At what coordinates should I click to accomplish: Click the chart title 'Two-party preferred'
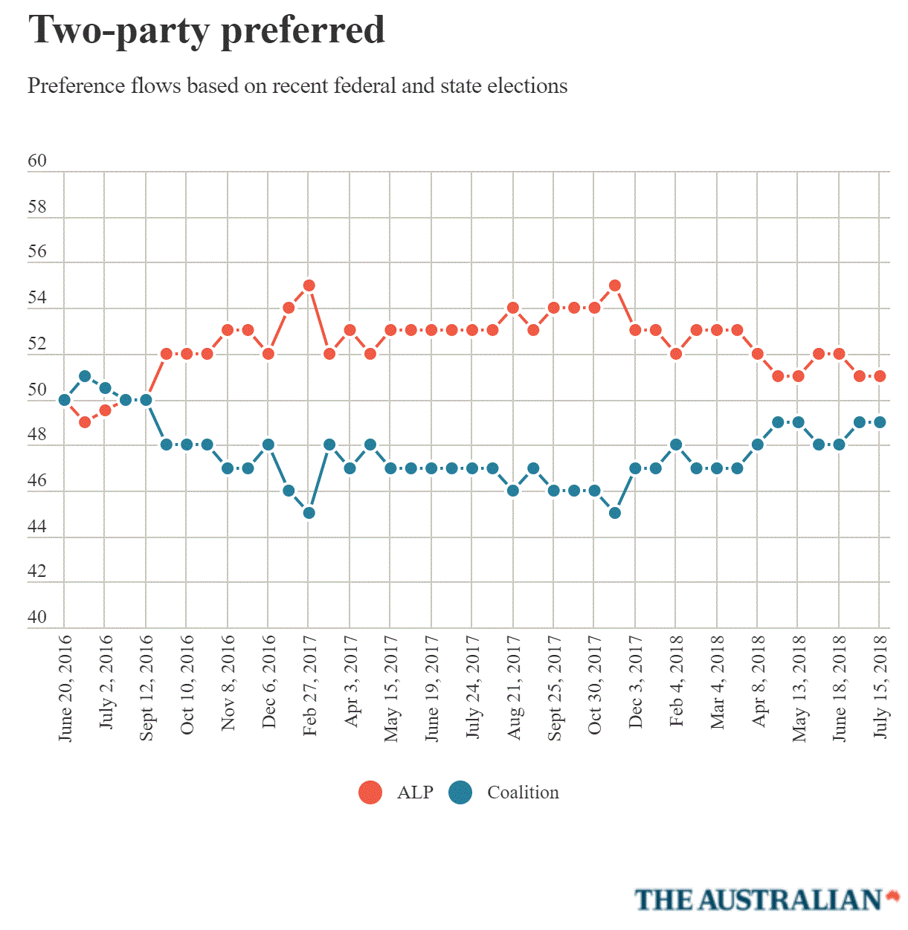coord(206,31)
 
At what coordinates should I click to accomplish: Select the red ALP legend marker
coord(370,792)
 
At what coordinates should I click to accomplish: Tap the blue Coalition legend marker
coord(461,792)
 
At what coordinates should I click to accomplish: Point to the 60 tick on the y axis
coord(37,161)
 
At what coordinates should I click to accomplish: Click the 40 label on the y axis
coord(37,617)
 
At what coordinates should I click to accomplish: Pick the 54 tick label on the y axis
coord(37,298)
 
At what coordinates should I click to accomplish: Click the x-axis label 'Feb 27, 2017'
coord(310,685)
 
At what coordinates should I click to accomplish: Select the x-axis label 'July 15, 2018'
coord(880,685)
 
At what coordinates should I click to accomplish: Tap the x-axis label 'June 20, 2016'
coord(65,688)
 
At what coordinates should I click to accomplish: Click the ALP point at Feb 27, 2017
coord(309,285)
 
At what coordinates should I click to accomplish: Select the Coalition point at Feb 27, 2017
coord(309,513)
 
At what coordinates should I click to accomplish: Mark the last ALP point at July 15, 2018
coord(880,376)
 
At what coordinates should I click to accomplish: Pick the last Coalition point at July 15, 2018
coord(880,422)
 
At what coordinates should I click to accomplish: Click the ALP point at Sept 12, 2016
coord(146,400)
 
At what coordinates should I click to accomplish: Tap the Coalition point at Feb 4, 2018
coord(676,445)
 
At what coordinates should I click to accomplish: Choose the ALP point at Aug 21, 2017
coord(513,308)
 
